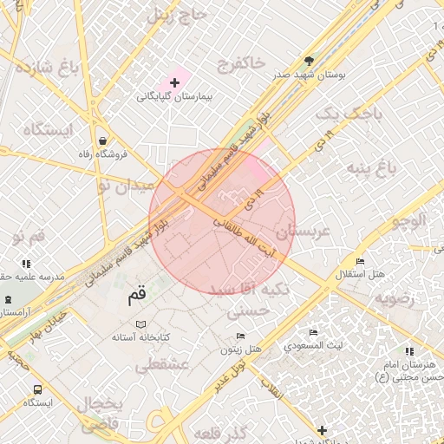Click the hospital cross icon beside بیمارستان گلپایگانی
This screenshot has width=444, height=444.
(174, 82)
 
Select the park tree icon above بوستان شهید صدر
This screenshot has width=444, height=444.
(309, 60)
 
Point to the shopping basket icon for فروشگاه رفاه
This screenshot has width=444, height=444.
(103, 140)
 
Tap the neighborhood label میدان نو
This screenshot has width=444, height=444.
(124, 185)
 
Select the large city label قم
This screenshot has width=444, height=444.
(138, 296)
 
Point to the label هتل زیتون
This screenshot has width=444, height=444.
(240, 349)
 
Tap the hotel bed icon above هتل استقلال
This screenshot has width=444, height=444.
(360, 261)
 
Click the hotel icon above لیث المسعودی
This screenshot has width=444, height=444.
(313, 332)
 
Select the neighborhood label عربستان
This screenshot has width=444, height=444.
(304, 232)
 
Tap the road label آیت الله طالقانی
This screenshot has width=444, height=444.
(257, 236)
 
